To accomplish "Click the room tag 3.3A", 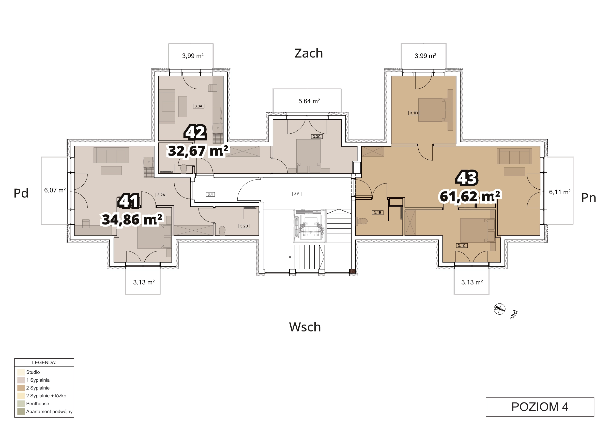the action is pos(199,106).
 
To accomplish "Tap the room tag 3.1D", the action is pos(414,113).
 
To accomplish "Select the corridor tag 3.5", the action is pos(297,194).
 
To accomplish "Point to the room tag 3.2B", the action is pos(244,226).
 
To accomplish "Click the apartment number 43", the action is pos(467,178).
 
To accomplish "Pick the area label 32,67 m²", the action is pos(198,151).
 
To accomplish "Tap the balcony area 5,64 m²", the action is pos(309,101).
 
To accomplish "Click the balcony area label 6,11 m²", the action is pos(560,192).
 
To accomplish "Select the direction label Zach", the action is pos(309,53).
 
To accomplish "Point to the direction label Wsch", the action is pos(305,327).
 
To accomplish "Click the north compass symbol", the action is pos(499,309).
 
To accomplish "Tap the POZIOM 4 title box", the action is pos(540,407).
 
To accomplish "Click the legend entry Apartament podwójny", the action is pos(49,411).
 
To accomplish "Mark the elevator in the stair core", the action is pos(309,226).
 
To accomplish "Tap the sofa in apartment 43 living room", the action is pos(514,156).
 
